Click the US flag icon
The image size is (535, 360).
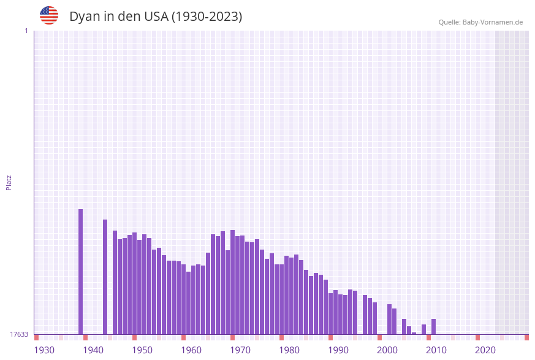(49, 15)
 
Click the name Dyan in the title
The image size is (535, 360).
(84, 17)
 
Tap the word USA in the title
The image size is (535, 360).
(156, 17)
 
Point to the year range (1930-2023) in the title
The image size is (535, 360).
(207, 17)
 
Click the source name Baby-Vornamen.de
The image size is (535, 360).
(493, 22)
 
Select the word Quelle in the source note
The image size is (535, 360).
(449, 22)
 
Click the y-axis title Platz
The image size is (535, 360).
(9, 182)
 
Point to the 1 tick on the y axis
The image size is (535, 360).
(26, 31)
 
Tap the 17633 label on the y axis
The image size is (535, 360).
(19, 334)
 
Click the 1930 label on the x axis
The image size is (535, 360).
(44, 350)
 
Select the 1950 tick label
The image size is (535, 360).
(142, 350)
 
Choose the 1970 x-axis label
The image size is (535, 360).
(240, 350)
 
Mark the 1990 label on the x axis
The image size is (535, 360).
(338, 350)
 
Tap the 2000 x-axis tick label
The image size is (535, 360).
(387, 350)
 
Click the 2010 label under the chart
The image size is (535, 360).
(436, 350)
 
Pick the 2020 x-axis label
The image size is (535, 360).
(485, 350)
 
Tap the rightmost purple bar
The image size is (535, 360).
(433, 326)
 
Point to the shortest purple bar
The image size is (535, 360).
(414, 333)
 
